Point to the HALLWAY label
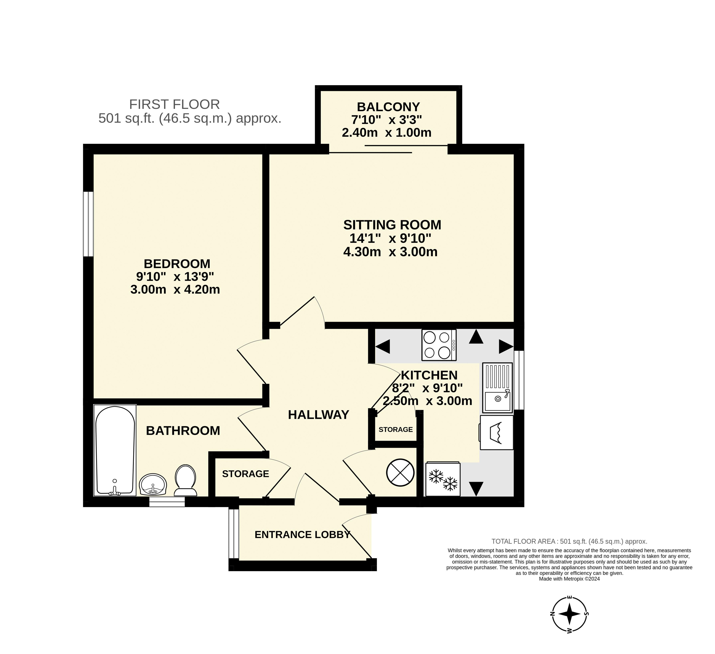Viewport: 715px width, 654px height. (318, 415)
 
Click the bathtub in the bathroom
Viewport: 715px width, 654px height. (115, 450)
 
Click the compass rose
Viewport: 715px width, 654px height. (570, 613)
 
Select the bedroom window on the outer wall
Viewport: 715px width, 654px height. (88, 224)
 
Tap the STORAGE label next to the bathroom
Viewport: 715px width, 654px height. (245, 474)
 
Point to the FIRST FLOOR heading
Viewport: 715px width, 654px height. (175, 104)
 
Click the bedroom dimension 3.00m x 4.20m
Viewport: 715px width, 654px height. (175, 289)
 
